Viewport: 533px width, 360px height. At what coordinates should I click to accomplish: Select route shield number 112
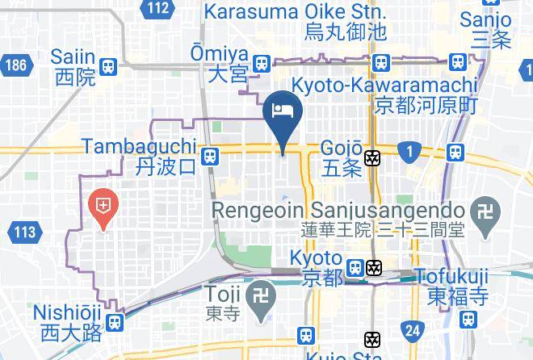coord(158,9)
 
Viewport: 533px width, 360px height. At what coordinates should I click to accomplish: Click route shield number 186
coord(14,64)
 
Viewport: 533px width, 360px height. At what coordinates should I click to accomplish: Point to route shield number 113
coord(25,232)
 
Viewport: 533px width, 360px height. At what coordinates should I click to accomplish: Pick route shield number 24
coord(413,329)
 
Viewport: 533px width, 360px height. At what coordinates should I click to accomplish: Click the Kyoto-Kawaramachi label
coord(384,94)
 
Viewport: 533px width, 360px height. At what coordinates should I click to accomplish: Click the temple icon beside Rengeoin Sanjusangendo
coord(485,209)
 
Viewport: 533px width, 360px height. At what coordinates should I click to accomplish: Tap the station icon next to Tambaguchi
coord(210,156)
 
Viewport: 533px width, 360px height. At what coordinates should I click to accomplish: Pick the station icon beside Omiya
coord(261,64)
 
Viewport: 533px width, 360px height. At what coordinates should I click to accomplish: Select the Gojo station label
coord(341,157)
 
